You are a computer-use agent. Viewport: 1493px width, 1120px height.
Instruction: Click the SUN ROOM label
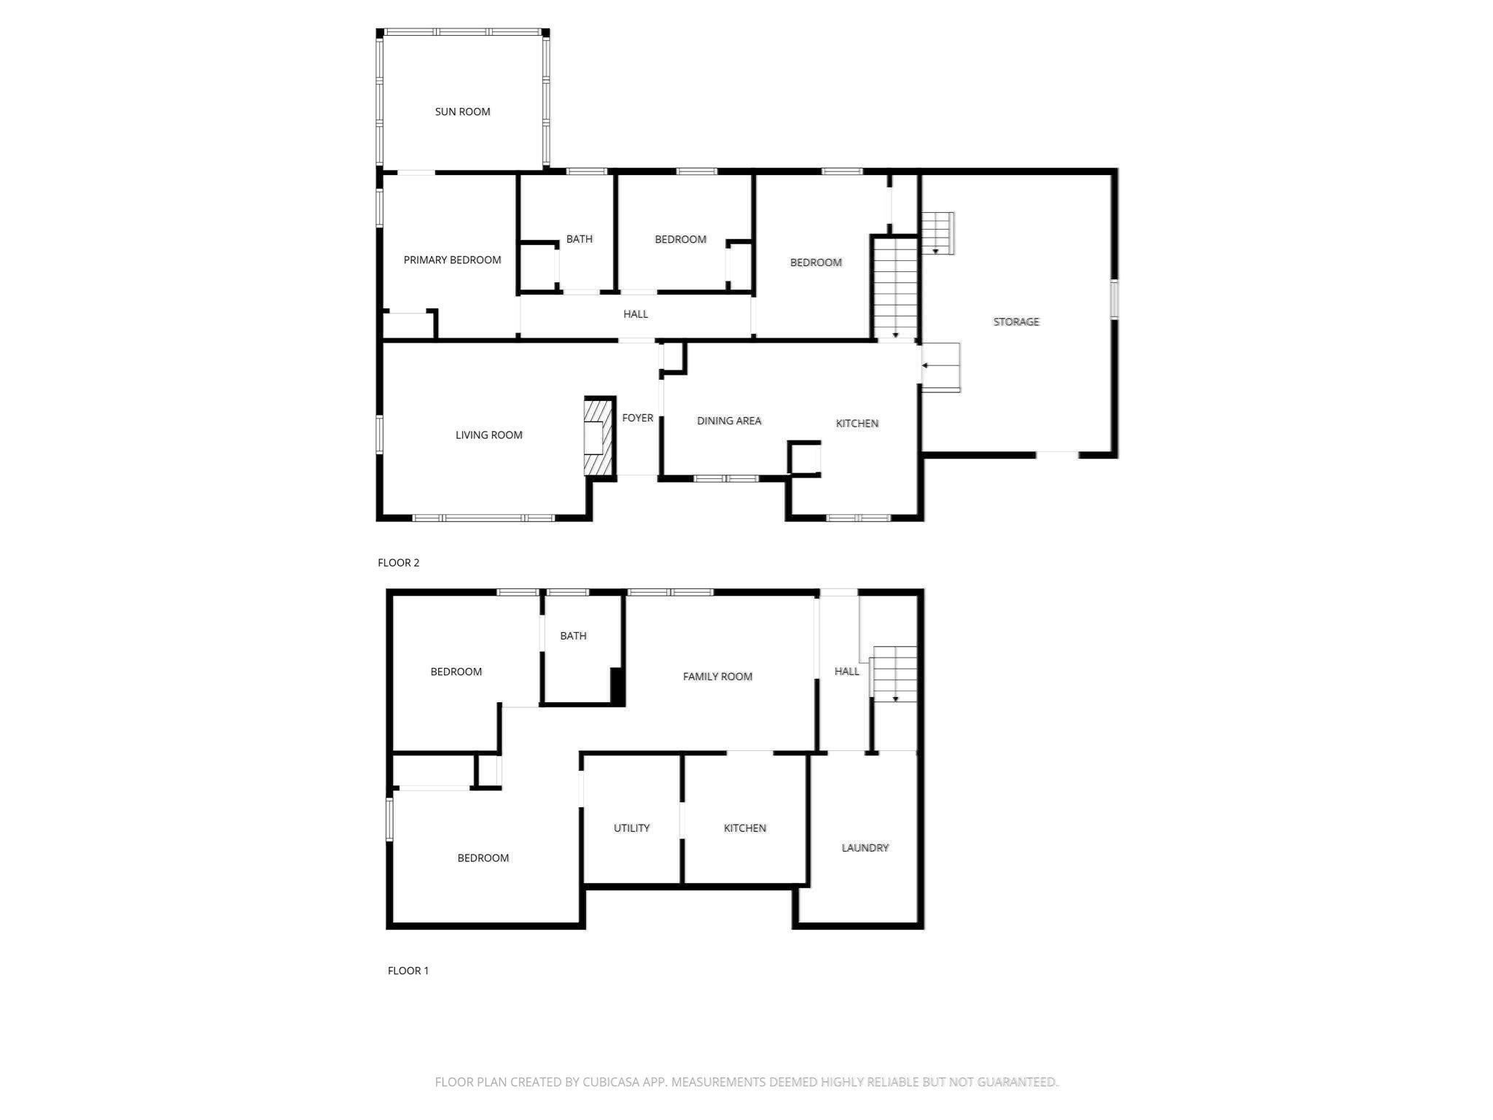(462, 112)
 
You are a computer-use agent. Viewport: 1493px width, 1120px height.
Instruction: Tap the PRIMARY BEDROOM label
(452, 260)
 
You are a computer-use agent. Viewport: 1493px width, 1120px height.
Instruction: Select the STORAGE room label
(1016, 322)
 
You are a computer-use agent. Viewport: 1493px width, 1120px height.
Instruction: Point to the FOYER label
(637, 418)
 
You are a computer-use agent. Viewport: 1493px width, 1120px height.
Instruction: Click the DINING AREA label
(728, 421)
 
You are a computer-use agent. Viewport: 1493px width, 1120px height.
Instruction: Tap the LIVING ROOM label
(488, 435)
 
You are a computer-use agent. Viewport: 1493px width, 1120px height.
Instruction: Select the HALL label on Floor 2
(635, 314)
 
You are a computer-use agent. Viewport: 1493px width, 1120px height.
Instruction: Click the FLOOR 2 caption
(398, 563)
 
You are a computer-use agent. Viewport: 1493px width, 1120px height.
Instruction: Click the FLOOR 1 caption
(408, 971)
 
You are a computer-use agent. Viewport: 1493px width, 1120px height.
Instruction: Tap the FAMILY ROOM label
(717, 677)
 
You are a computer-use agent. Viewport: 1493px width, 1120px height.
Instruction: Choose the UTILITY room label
(631, 828)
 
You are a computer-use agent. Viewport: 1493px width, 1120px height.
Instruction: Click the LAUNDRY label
(865, 848)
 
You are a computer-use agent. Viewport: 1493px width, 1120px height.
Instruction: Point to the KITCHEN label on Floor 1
(744, 828)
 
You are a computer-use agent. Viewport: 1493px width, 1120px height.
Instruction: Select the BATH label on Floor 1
(573, 636)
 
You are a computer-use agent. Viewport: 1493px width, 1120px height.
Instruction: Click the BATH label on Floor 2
(579, 239)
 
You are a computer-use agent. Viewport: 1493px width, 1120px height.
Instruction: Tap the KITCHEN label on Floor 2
(857, 424)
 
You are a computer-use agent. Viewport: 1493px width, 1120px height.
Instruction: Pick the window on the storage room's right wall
(1113, 299)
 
